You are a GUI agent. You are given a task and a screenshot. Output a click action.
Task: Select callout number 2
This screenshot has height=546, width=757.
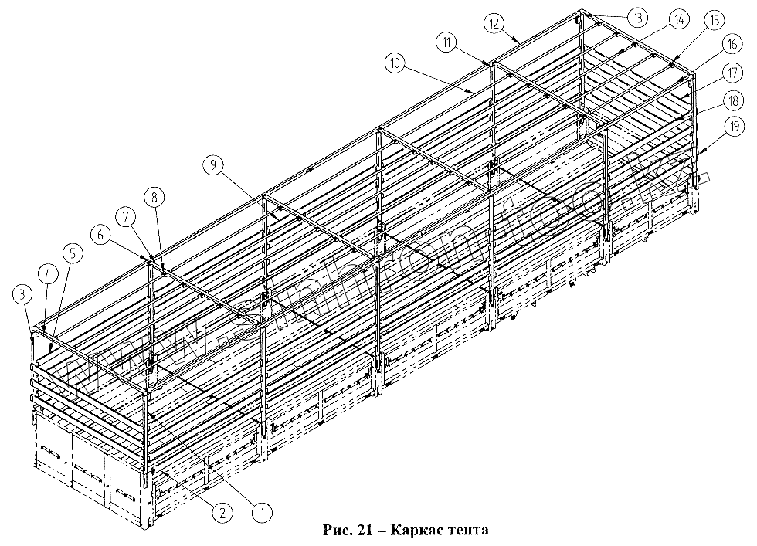coord(221,510)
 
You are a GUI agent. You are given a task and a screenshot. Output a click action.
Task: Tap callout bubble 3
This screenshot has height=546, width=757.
coord(22,293)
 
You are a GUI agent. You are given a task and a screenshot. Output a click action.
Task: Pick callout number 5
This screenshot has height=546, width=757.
coord(71,253)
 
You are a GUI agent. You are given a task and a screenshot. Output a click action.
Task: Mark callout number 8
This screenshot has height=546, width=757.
coord(155,197)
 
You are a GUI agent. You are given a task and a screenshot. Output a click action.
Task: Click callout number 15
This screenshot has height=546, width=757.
coord(714,21)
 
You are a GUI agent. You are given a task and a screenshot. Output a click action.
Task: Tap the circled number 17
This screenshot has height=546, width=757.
coord(732,74)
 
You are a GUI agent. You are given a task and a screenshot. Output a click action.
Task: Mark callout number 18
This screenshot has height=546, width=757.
coord(732,101)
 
